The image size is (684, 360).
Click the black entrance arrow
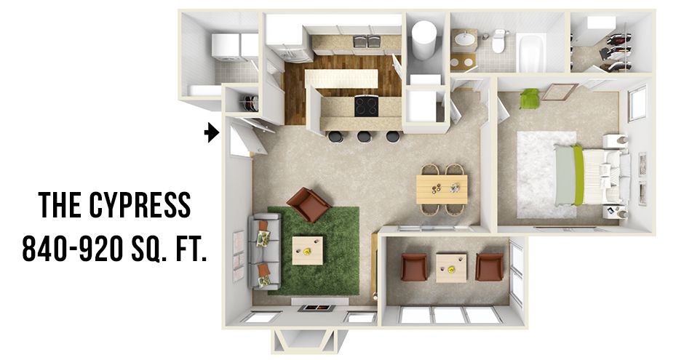(212, 132)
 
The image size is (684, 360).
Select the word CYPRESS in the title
(140, 205)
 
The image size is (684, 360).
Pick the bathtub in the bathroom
(532, 53)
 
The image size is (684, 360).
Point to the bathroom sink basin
(465, 39)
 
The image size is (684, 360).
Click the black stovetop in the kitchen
(366, 106)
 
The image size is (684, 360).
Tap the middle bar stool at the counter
(364, 137)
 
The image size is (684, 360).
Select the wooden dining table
(442, 189)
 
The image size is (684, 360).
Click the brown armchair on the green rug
(308, 204)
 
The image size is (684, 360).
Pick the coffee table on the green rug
(308, 251)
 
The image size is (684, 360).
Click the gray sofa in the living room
(264, 252)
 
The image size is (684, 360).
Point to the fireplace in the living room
(317, 308)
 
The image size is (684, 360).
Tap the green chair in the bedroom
(529, 98)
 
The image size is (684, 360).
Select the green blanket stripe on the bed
(578, 175)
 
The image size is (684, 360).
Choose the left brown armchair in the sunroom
(414, 267)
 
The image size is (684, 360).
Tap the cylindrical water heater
(424, 40)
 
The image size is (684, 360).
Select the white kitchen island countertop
(341, 79)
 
